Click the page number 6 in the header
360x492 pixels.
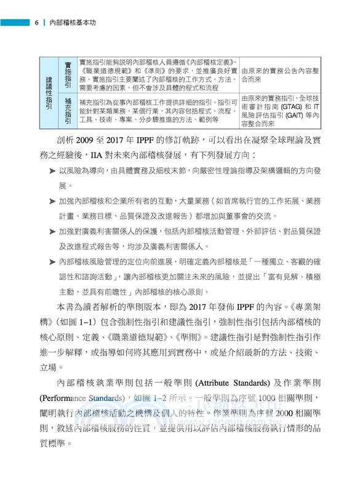coord(37,23)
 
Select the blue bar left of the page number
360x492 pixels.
coord(15,23)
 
